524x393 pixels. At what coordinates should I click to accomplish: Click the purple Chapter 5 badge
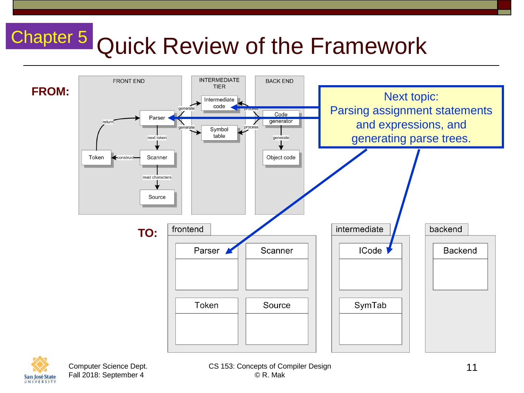pos(49,36)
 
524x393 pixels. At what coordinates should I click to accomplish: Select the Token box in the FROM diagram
pos(96,158)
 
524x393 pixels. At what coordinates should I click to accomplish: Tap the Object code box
pos(281,158)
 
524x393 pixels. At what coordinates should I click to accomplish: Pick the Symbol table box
pos(219,133)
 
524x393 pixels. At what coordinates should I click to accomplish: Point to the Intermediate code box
pos(219,103)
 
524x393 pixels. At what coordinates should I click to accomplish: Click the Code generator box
pos(281,118)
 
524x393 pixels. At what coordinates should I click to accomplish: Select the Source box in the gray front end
pos(157,197)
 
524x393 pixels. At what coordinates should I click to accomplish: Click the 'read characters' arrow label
pos(157,178)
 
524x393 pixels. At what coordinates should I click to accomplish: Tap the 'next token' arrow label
pos(157,138)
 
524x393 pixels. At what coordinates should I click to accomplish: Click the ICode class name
pos(370,251)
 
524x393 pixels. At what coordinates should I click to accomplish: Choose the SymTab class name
pos(370,306)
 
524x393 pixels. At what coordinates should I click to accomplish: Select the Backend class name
pos(460,251)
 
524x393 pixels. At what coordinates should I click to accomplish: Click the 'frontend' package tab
pos(188,229)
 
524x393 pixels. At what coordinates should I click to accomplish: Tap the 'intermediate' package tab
pos(360,229)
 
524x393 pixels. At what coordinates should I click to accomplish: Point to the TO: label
pos(147,233)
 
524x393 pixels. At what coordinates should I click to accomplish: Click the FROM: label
pos(50,92)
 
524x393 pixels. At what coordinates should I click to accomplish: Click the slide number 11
pos(472,368)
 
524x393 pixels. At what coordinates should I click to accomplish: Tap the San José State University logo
pos(40,370)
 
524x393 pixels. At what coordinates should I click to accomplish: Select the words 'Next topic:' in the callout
pos(411,97)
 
